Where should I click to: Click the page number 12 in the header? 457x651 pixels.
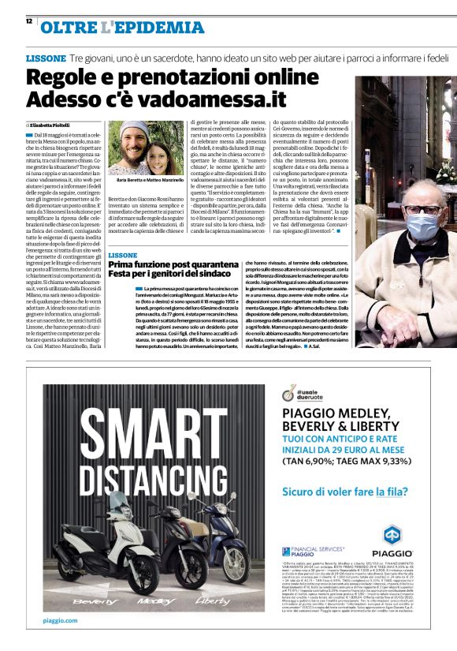pyautogui.click(x=28, y=21)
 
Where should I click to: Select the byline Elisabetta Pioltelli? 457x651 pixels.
pyautogui.click(x=54, y=125)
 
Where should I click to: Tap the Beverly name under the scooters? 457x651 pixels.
pyautogui.click(x=94, y=599)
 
